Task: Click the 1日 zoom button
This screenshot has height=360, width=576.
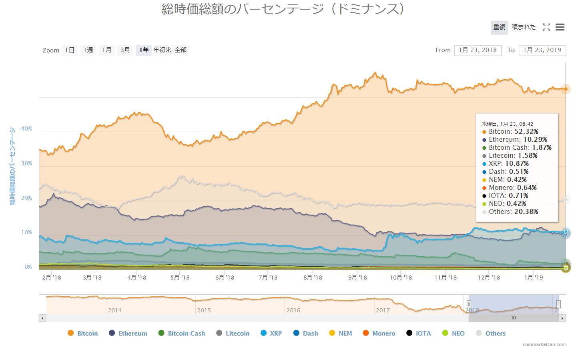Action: [x=70, y=50]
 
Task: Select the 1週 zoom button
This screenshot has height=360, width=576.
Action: [x=88, y=50]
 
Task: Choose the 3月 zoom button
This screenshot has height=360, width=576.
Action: [x=125, y=50]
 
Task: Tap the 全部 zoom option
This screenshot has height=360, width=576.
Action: [x=181, y=50]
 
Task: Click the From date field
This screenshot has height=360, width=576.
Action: [x=478, y=50]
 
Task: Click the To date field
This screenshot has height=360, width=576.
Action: [x=542, y=50]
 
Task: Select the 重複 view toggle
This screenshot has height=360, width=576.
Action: [x=499, y=27]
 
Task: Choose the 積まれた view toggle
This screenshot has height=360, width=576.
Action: [x=524, y=27]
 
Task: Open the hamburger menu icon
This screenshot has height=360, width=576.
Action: [x=560, y=27]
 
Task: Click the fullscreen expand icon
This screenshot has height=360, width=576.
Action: [x=546, y=27]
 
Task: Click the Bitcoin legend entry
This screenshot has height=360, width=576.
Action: [x=83, y=333]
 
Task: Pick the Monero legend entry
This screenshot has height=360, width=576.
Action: [x=379, y=333]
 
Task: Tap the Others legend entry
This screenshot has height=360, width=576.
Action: [x=491, y=333]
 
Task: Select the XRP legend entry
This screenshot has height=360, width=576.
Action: [x=271, y=333]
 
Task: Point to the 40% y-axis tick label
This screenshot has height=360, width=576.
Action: [x=27, y=129]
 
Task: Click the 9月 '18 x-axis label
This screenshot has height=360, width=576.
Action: [x=357, y=278]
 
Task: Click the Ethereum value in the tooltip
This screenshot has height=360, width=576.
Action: [x=535, y=140]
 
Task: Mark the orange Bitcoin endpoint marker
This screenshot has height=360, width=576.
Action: [x=566, y=89]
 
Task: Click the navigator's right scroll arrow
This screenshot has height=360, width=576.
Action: [x=562, y=318]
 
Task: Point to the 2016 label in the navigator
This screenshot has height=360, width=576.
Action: [x=293, y=310]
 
